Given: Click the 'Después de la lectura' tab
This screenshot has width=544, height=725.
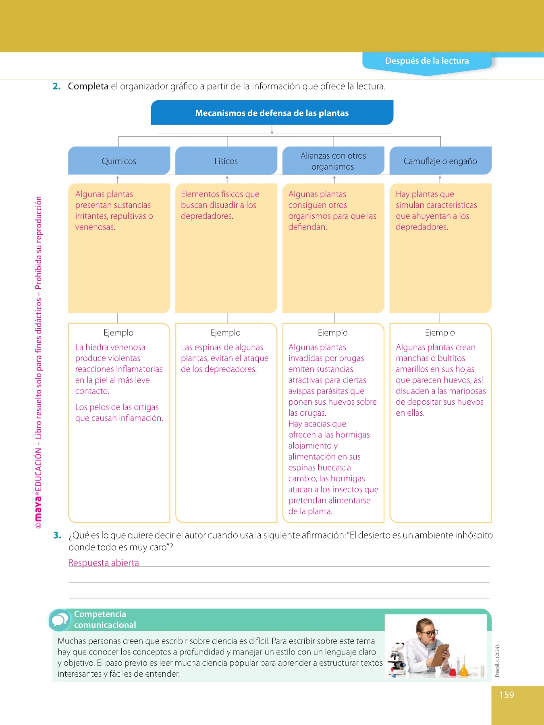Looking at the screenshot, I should coord(427,61).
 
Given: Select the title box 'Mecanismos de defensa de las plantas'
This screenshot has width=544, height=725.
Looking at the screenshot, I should coord(272,113).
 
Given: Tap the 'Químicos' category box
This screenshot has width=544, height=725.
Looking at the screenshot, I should coord(119,161).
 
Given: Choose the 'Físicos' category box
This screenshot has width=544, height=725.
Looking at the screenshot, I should coord(226,161).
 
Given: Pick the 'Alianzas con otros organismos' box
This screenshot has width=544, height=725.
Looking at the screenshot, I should coord(333,161).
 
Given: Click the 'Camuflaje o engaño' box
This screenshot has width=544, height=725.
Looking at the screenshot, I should coord(440,161).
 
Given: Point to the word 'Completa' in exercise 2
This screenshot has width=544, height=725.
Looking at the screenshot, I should coord(88,86).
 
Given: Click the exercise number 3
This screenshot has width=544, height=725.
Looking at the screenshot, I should coord(57,535).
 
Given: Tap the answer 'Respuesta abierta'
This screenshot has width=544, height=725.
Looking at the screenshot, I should coord(104,563).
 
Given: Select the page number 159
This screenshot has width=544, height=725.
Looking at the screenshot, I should coord(507,695).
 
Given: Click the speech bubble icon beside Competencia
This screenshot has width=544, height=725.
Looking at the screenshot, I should coord(60,620).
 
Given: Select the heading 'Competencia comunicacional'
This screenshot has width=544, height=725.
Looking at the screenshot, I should coord(105,619).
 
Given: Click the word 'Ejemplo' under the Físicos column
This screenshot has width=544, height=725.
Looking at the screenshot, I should coord(226,333).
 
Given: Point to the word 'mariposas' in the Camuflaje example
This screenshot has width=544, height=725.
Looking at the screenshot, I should coord(467,391).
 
